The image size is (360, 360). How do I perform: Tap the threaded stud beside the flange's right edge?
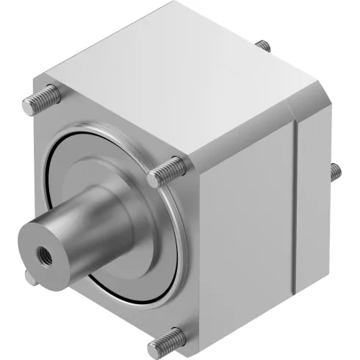coord(165,173)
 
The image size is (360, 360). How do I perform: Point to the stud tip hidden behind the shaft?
coord(30,277)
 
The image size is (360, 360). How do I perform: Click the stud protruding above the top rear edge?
coord(262,46)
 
